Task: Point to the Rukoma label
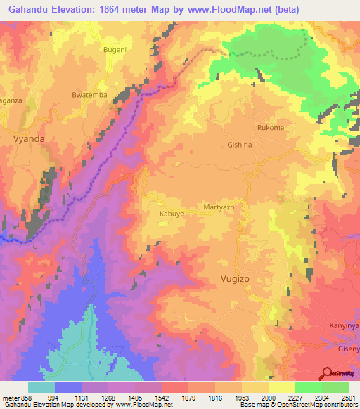click(271, 128)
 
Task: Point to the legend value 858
click(22, 396)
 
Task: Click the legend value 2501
click(348, 396)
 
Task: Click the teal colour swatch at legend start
click(41, 387)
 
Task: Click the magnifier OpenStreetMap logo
click(327, 373)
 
